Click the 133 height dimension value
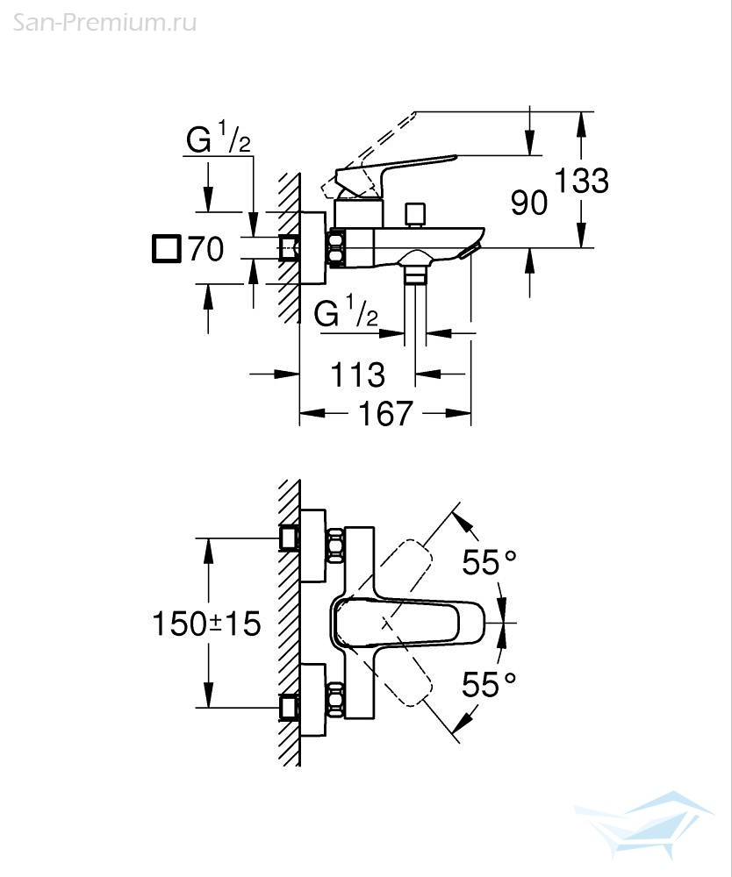pyautogui.click(x=581, y=182)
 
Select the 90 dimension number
pyautogui.click(x=529, y=203)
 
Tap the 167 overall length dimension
pyautogui.click(x=385, y=413)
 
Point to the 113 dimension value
pyautogui.click(x=357, y=374)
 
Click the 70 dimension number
pyautogui.click(x=206, y=249)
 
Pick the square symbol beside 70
pyautogui.click(x=166, y=249)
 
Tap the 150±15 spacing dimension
pyautogui.click(x=206, y=624)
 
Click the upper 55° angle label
pyautogui.click(x=489, y=562)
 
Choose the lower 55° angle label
pyautogui.click(x=489, y=684)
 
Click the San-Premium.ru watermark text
pyautogui.click(x=104, y=23)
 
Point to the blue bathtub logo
pyautogui.click(x=643, y=824)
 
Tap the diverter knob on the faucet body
pyautogui.click(x=414, y=216)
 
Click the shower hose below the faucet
pyautogui.click(x=415, y=313)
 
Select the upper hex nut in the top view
pyautogui.click(x=336, y=545)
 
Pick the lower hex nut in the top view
pyautogui.click(x=336, y=700)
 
